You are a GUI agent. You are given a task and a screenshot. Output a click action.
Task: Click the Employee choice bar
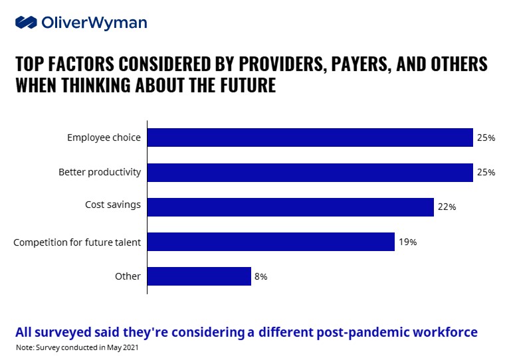point(310,137)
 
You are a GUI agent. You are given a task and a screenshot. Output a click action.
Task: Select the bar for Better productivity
point(310,172)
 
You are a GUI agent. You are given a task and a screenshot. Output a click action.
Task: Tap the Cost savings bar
point(290,207)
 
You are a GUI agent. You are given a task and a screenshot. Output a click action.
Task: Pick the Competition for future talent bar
point(270,242)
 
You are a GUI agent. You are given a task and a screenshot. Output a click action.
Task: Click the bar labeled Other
point(199,276)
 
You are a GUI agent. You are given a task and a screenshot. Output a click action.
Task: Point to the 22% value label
point(447,207)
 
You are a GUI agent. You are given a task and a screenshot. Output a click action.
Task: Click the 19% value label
point(408,242)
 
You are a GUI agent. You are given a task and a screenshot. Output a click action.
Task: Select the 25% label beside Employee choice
point(486,137)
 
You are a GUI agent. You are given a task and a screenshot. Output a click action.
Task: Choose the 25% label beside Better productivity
point(486,172)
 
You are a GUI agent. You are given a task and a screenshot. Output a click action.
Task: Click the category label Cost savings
point(113,205)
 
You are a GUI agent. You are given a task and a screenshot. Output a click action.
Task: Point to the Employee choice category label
point(104,137)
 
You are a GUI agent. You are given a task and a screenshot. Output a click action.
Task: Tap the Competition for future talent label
point(77,242)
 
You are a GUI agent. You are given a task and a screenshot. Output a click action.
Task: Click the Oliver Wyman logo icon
point(26,23)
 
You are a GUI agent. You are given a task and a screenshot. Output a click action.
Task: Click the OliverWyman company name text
point(94,23)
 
